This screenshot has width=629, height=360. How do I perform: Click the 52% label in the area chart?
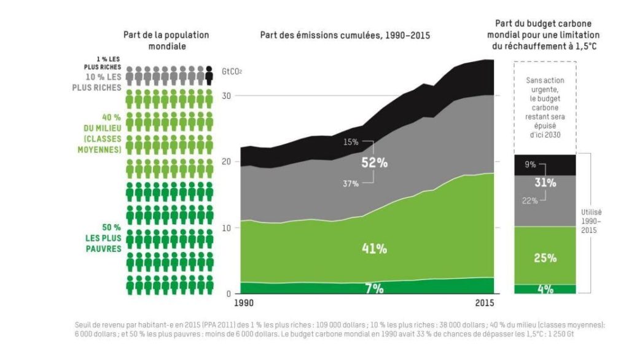point(374,164)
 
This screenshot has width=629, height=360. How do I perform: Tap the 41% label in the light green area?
point(374,249)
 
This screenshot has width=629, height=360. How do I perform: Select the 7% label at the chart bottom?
point(374,288)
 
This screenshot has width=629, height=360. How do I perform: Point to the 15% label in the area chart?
point(351,142)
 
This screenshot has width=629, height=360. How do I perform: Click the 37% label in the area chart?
point(351,184)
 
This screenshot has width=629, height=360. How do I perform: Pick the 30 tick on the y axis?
point(227,96)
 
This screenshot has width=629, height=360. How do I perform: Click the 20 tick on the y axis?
point(227,162)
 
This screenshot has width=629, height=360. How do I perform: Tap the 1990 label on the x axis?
point(244,304)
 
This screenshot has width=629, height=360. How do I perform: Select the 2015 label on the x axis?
point(485,304)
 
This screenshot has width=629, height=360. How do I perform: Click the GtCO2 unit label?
point(232,72)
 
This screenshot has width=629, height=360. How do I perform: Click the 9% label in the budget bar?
point(530,165)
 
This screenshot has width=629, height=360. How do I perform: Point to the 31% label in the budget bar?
point(545,182)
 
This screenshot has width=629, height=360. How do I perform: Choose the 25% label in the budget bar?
point(545,258)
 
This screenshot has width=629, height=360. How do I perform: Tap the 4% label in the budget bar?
point(545,289)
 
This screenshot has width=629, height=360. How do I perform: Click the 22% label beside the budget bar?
point(530,200)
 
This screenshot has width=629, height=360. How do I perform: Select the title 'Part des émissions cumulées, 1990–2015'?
point(345,35)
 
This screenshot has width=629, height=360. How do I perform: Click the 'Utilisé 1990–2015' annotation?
point(592,220)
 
